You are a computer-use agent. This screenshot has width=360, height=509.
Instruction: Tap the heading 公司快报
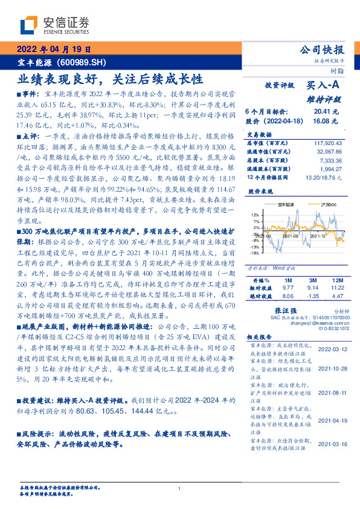tap(322, 50)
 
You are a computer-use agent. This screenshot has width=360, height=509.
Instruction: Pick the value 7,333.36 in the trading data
tap(329, 160)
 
